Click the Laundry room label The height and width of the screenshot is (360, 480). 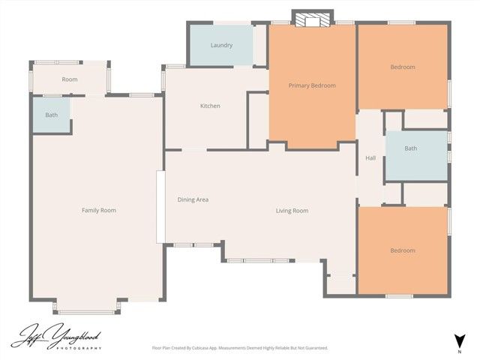pos(221,45)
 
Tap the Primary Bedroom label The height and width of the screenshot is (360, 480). pos(312,85)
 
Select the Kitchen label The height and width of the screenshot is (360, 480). pos(210,106)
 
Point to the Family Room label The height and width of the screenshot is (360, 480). pos(99,210)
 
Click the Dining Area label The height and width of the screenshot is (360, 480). pos(193,199)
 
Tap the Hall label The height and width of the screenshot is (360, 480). pos(370,158)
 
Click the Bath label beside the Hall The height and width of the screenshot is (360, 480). pos(411,148)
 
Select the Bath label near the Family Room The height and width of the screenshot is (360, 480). pos(51,115)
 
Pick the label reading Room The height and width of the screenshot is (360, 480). pos(70,79)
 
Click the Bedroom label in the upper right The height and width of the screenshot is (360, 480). pos(403,67)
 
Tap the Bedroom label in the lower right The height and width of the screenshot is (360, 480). pos(403,250)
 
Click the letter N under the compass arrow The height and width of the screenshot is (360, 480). pos(459,350)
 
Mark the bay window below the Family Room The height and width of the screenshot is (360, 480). pos(86,308)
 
